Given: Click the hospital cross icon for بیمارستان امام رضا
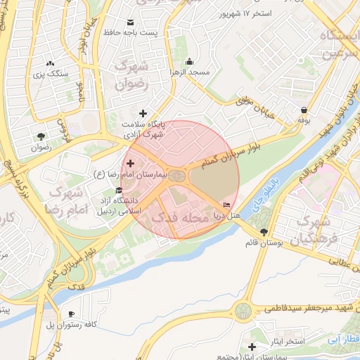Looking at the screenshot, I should tap(130, 163).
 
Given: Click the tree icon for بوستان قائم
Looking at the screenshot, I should tap(264, 231).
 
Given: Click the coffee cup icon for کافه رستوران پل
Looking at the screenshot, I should tap(70, 314).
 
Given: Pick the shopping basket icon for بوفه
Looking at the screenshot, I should tap(304, 110).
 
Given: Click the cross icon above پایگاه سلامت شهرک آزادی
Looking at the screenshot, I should tap(143, 112).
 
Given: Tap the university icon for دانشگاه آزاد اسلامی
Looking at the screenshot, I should tap(117, 191).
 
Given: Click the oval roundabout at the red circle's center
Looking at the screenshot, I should tap(177, 175).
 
